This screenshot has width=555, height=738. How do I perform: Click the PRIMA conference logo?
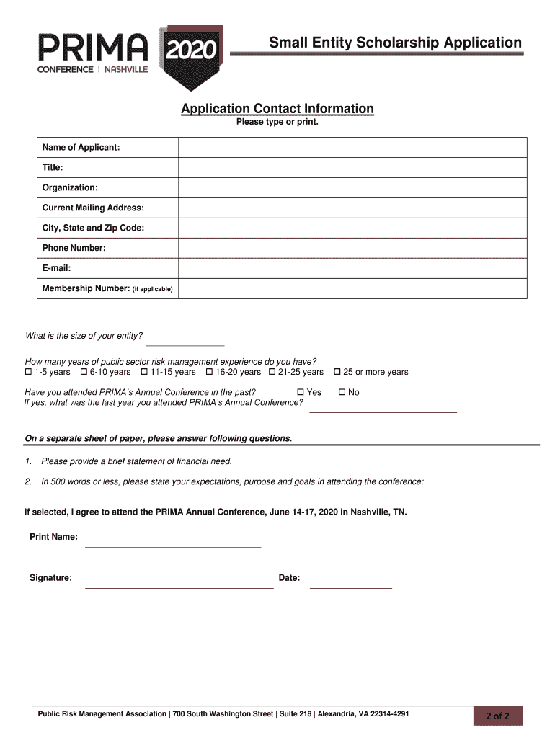click(130, 57)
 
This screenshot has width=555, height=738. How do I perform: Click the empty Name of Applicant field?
click(352, 148)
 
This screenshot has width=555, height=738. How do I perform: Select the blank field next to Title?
click(352, 168)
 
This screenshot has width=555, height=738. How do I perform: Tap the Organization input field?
click(352, 188)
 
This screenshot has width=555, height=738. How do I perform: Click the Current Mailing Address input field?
click(352, 208)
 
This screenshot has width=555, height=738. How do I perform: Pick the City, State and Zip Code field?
click(352, 228)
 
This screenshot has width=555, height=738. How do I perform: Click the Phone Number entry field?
click(352, 249)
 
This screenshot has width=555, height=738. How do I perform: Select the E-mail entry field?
click(352, 269)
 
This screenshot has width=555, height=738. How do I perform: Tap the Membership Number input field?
click(352, 289)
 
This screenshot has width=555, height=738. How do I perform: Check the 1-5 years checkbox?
click(29, 373)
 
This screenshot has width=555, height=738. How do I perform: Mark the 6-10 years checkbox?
click(84, 373)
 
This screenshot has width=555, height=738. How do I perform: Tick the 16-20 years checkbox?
click(209, 373)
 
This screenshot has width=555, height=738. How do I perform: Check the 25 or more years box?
click(337, 373)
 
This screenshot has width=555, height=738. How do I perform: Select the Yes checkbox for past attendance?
click(301, 393)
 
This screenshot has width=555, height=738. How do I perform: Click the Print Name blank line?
click(173, 541)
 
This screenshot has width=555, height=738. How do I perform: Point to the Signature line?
click(179, 582)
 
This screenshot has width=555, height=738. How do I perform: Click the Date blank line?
click(350, 582)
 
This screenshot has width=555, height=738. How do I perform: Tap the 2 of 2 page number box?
click(497, 716)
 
